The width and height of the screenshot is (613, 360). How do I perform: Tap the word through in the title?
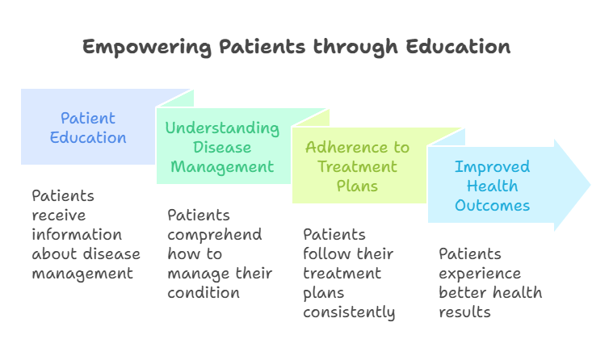click(x=355, y=48)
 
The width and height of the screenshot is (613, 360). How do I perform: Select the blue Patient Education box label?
click(x=88, y=128)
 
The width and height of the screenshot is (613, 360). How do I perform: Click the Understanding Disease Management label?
click(x=222, y=148)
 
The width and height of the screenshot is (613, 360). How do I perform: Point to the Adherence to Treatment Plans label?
click(x=357, y=166)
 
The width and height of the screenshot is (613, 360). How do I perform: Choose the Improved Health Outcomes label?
click(x=492, y=186)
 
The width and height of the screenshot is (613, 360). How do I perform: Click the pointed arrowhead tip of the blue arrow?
click(x=590, y=185)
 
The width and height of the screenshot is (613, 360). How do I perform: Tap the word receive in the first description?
click(x=59, y=216)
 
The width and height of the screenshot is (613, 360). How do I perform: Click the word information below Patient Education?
click(x=77, y=235)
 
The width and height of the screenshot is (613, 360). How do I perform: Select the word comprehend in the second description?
click(x=215, y=236)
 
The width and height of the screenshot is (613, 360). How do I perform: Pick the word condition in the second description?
click(x=204, y=293)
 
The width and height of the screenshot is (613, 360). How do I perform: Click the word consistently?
click(x=349, y=312)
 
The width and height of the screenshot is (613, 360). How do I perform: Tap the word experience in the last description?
click(x=480, y=274)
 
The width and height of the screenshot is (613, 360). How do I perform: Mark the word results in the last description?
click(x=464, y=312)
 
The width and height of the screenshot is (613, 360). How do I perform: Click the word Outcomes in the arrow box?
click(x=492, y=206)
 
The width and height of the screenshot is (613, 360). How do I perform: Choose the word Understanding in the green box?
click(x=222, y=128)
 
